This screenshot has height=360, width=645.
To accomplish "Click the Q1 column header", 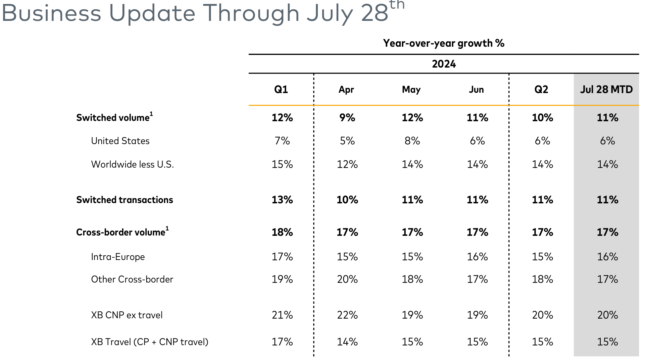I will pyautogui.click(x=281, y=89).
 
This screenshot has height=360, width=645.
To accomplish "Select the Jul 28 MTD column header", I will pyautogui.click(x=606, y=89).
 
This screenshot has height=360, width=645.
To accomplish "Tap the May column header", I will pyautogui.click(x=411, y=89).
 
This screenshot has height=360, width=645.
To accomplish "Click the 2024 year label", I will pyautogui.click(x=444, y=64).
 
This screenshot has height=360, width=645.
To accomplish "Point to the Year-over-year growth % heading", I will pyautogui.click(x=444, y=43).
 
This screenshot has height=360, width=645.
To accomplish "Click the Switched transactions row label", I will pyautogui.click(x=124, y=200).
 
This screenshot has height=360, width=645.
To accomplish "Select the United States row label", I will pyautogui.click(x=120, y=141).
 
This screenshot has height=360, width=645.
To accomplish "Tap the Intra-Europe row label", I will pyautogui.click(x=118, y=257).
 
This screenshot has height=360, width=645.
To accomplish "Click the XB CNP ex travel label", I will pyautogui.click(x=127, y=315).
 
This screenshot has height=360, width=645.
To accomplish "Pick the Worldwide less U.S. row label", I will pyautogui.click(x=132, y=165).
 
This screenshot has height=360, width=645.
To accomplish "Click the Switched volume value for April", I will pyautogui.click(x=347, y=118).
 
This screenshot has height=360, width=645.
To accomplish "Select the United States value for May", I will pyautogui.click(x=412, y=141).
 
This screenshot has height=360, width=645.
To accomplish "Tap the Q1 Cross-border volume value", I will pyautogui.click(x=282, y=232).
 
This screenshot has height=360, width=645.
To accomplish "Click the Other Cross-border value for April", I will pyautogui.click(x=347, y=280).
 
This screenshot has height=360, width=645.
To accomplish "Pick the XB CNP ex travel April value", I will pyautogui.click(x=347, y=315).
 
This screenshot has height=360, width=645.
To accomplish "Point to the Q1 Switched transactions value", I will pyautogui.click(x=282, y=200).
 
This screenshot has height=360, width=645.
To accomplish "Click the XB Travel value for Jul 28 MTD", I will pyautogui.click(x=607, y=342).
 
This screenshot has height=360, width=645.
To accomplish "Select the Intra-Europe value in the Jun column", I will pyautogui.click(x=477, y=257).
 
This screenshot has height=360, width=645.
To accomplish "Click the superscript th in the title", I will pyautogui.click(x=397, y=5).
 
